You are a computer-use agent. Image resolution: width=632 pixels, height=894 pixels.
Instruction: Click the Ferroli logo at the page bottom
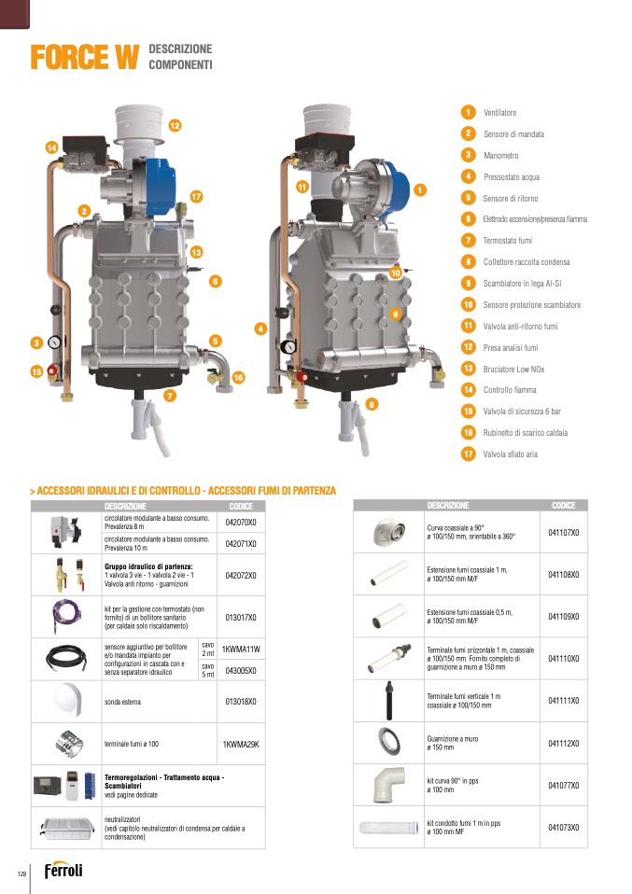(63, 870)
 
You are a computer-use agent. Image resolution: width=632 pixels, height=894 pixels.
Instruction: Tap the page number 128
(21, 873)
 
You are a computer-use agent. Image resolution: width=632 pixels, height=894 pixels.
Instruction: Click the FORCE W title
(84, 57)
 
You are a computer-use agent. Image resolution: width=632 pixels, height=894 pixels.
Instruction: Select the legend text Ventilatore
(499, 113)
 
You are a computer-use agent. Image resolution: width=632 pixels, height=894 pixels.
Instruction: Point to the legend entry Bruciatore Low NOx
(513, 370)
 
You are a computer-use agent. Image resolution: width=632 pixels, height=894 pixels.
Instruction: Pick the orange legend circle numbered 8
(469, 262)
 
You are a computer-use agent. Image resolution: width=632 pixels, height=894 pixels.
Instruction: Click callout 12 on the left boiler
(175, 125)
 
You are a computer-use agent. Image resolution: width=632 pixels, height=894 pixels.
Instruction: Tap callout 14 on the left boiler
(51, 147)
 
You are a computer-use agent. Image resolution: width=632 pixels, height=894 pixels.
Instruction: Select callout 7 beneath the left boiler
(169, 395)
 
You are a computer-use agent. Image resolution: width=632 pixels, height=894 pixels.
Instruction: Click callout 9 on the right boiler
(395, 314)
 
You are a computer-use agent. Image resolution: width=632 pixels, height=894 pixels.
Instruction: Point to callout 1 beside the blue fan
(420, 190)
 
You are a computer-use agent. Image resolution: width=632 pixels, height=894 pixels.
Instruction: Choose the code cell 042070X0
(241, 523)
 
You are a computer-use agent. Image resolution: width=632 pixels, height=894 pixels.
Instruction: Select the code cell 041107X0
(564, 533)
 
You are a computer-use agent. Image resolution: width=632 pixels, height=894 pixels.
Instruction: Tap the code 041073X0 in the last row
(564, 828)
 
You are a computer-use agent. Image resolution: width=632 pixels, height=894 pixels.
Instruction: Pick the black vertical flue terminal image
(389, 701)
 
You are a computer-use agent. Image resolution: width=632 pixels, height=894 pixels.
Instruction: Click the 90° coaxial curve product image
(389, 532)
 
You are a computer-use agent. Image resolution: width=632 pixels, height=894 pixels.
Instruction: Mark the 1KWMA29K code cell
(241, 744)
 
